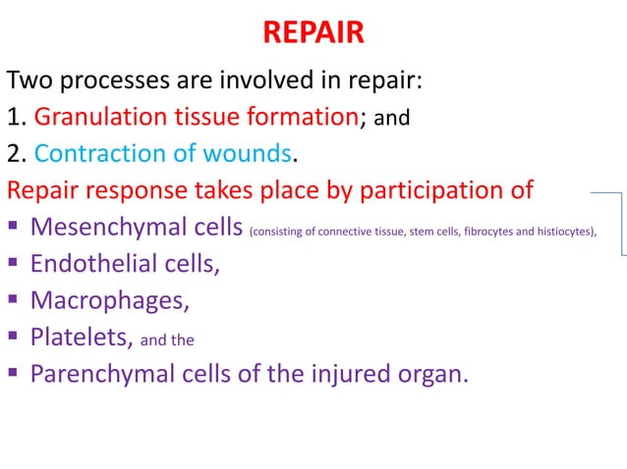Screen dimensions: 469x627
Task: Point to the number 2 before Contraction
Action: coord(14,153)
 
